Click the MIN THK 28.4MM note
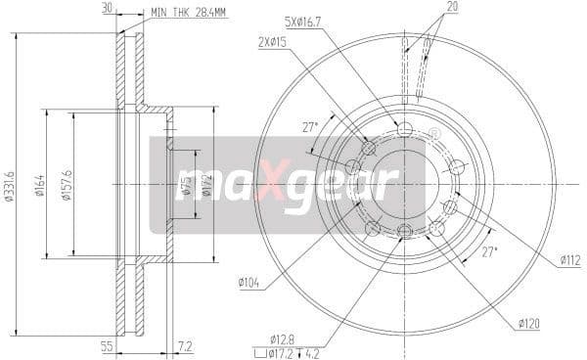189,14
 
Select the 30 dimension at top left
107,10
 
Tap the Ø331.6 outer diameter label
10,183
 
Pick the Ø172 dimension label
207,183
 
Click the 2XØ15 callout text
272,43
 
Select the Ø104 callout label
248,284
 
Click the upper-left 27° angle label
309,127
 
